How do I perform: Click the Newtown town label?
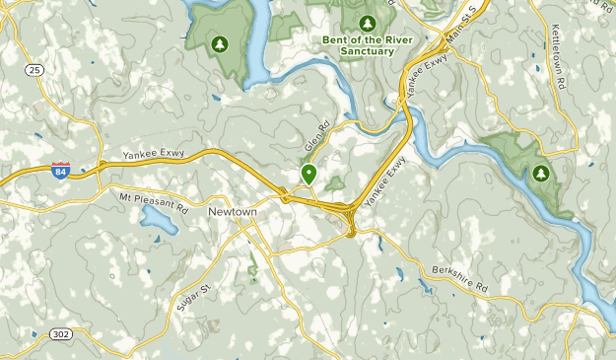[233, 211]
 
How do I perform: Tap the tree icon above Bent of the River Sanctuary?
[368, 23]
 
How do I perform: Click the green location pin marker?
[308, 175]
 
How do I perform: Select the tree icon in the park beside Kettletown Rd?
[540, 174]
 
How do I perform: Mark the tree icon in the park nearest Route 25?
[220, 42]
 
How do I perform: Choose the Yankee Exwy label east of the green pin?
[384, 181]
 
